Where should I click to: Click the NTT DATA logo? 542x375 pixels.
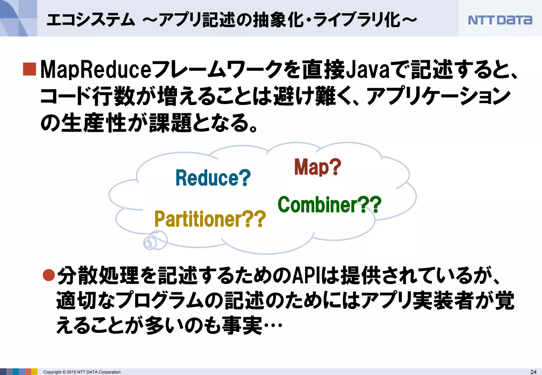point(500,20)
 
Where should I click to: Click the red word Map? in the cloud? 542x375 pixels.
point(318,167)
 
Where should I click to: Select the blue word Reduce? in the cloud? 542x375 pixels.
point(213,178)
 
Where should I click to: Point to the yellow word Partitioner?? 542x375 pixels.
point(210,219)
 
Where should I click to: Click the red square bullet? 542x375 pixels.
point(29,69)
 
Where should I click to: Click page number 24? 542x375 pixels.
point(533,372)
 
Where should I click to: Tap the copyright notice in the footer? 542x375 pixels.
point(82,372)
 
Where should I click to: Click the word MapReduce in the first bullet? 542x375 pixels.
point(96,70)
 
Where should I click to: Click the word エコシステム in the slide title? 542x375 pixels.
point(91,20)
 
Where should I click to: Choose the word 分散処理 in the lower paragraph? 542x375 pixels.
point(98,276)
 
